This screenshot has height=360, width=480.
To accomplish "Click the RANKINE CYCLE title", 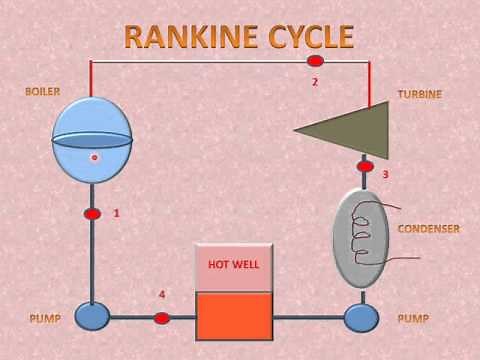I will pyautogui.click(x=239, y=37).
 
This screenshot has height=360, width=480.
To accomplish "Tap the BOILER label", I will pyautogui.click(x=44, y=92).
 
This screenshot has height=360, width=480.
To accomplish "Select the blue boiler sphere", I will pyautogui.click(x=92, y=139).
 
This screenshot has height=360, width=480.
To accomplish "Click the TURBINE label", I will pyautogui.click(x=419, y=94).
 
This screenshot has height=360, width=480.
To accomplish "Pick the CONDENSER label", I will pyautogui.click(x=428, y=229).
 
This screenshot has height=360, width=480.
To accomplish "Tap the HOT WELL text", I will pyautogui.click(x=233, y=265).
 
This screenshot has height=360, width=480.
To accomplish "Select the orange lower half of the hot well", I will pyautogui.click(x=234, y=315).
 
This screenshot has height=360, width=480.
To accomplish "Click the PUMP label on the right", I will pyautogui.click(x=413, y=319).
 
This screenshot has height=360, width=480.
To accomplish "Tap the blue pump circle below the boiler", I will pyautogui.click(x=92, y=317).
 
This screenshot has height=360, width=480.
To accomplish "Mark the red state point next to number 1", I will pyautogui.click(x=92, y=214).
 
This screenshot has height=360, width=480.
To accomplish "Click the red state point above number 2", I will pyautogui.click(x=315, y=62).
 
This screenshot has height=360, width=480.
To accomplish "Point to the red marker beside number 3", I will pyautogui.click(x=366, y=166).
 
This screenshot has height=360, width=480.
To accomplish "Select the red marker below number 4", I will pyautogui.click(x=162, y=318).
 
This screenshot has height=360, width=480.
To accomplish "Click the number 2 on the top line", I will pyautogui.click(x=315, y=81).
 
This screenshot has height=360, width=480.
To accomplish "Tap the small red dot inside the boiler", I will pyautogui.click(x=95, y=157).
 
